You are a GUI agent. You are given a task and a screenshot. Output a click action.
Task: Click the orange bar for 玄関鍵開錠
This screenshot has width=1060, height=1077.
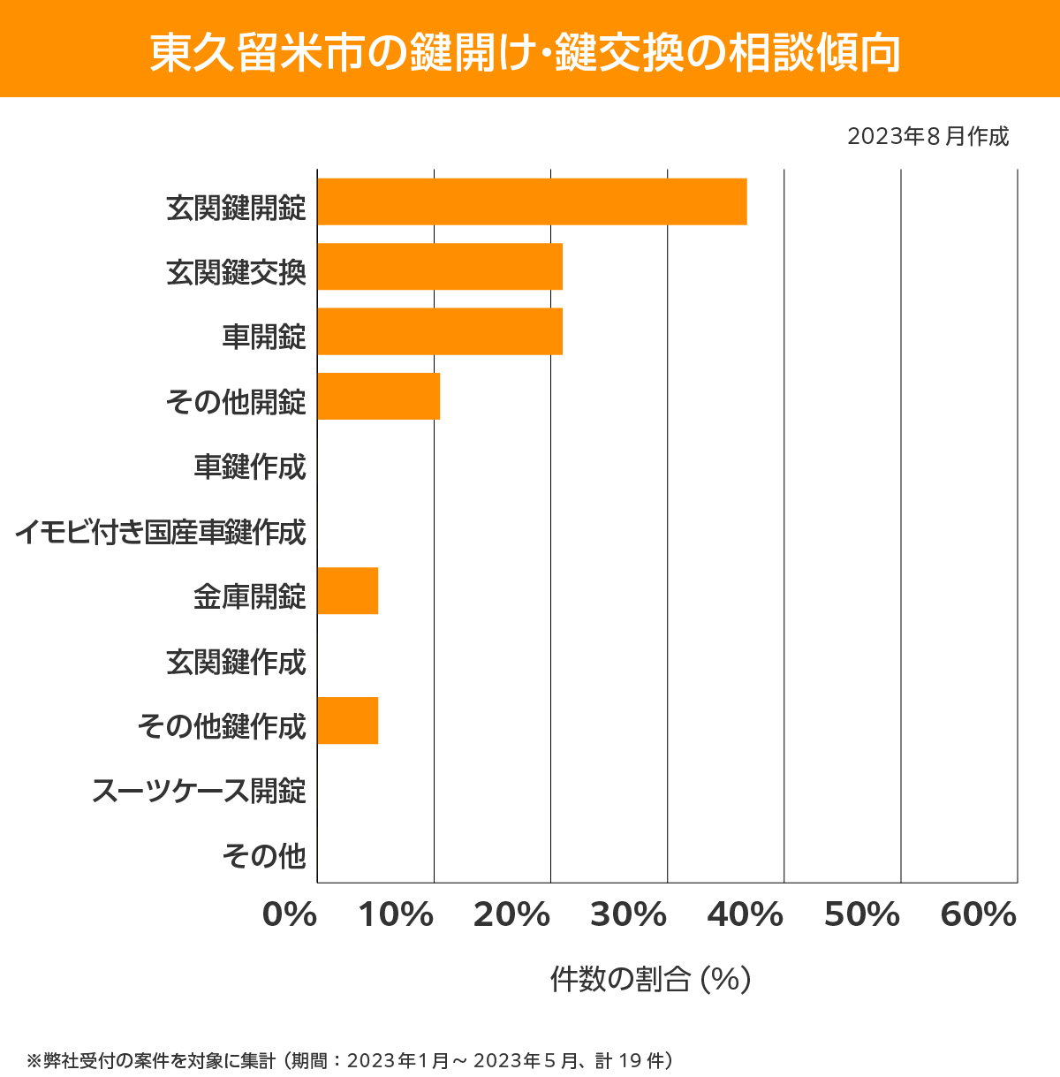[532, 201]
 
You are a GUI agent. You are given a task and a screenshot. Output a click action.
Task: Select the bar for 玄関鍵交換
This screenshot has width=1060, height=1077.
[440, 266]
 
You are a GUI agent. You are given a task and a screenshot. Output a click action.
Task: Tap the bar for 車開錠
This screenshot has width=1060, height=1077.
[440, 331]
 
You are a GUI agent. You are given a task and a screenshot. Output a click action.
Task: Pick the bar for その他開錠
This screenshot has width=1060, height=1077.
[378, 396]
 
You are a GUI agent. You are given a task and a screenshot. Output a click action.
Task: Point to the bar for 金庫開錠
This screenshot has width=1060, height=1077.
[347, 590]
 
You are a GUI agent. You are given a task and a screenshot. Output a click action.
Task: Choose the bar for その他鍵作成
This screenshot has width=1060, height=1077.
[347, 720]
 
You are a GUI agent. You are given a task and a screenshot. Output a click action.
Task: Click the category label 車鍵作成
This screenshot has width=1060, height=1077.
[250, 466]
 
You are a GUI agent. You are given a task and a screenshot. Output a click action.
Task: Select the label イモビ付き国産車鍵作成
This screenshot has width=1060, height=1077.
[160, 532]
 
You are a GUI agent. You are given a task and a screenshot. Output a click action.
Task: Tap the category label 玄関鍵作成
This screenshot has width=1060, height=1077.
[236, 662]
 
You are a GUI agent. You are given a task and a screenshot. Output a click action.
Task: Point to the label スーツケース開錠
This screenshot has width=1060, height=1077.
[199, 791]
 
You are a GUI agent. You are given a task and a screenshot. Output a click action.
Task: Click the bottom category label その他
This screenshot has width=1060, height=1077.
[264, 855]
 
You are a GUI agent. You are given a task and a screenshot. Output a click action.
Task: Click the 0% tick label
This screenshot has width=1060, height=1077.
[290, 915]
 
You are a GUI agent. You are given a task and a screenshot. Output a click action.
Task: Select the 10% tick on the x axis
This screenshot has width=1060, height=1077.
[396, 915]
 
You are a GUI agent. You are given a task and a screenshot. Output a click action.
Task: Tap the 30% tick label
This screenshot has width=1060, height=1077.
[629, 915]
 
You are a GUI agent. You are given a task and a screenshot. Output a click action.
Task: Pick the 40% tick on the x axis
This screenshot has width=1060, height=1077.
[746, 915]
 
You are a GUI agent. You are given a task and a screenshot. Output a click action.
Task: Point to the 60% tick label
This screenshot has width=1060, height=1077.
[979, 915]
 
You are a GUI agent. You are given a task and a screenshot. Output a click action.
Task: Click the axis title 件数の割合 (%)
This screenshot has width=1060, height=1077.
[650, 979]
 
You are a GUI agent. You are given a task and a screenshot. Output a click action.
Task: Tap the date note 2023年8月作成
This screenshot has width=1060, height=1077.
[927, 136]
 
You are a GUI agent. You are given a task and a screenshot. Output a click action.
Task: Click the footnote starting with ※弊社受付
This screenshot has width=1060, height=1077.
[350, 1059]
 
